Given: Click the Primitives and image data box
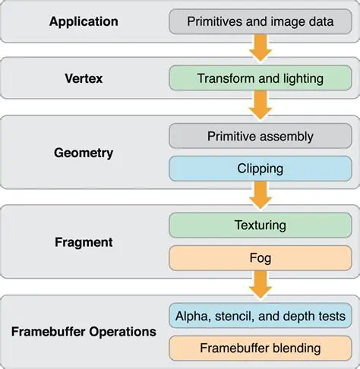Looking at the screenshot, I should pyautogui.click(x=261, y=21).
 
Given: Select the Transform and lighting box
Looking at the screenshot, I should pyautogui.click(x=261, y=79).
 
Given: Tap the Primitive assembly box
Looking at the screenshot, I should pyautogui.click(x=261, y=137).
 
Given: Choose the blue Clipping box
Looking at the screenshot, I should pyautogui.click(x=261, y=169).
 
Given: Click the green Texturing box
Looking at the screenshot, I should pyautogui.click(x=261, y=225).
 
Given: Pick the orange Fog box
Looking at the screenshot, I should pyautogui.click(x=261, y=258).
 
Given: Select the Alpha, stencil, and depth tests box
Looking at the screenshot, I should pyautogui.click(x=261, y=316).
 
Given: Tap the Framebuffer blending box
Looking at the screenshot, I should pyautogui.click(x=261, y=348).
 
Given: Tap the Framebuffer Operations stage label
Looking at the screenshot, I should pyautogui.click(x=84, y=332).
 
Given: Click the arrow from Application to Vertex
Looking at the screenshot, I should pyautogui.click(x=261, y=49).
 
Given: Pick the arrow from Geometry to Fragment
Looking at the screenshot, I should pyautogui.click(x=261, y=197).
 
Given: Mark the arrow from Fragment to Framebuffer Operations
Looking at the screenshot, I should pyautogui.click(x=261, y=286).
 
